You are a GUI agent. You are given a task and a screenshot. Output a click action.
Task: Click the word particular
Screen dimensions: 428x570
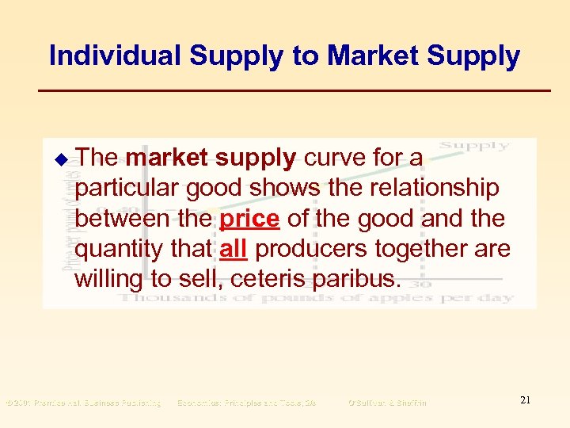point(127,188)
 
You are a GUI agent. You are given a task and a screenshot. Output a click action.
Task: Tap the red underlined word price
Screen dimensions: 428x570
point(249,218)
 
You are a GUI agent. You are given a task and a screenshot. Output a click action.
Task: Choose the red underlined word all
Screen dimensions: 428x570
point(234,248)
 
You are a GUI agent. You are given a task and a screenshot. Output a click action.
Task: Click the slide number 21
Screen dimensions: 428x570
point(525,401)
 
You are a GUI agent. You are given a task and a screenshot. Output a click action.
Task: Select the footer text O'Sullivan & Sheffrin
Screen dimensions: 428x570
point(386,403)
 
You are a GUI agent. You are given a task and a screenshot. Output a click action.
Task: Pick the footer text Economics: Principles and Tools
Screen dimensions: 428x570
point(246,403)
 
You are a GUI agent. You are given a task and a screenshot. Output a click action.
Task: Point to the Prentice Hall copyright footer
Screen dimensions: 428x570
point(83,403)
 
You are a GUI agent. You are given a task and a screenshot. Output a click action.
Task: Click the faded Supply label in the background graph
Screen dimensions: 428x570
point(473,145)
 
